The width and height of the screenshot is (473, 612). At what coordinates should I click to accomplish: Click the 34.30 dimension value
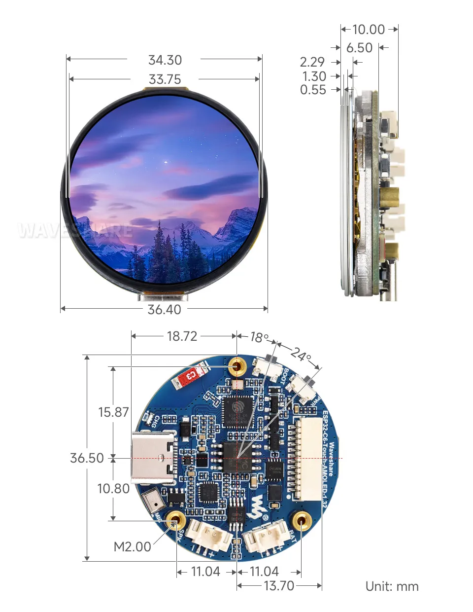coord(165,60)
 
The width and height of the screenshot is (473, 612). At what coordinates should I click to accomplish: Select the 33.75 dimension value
coord(165,79)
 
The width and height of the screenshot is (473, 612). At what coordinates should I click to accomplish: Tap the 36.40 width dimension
coord(164,310)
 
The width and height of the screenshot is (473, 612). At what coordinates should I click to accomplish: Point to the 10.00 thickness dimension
coord(369,30)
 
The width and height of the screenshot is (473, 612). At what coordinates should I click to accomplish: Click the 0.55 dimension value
coord(313,90)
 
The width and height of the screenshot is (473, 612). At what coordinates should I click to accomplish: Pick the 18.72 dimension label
coord(182,336)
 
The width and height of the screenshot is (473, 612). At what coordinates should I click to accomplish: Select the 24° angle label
coord(301,354)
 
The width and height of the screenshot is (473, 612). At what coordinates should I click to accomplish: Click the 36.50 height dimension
coord(87,458)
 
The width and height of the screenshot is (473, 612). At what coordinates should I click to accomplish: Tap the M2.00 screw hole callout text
coord(132,547)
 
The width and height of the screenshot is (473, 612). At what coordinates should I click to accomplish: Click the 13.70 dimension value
coord(279,586)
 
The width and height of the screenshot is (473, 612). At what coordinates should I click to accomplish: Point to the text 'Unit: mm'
coord(392,586)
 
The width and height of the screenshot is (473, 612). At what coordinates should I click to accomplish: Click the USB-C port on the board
coord(153,458)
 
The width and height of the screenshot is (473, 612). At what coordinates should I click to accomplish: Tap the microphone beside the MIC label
coord(153,501)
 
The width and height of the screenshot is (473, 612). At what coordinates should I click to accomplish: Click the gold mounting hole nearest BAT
coord(301,520)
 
